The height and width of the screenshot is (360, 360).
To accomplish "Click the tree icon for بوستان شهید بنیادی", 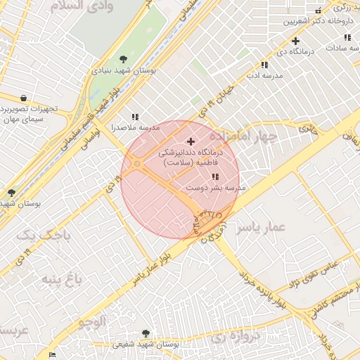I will point(124,59).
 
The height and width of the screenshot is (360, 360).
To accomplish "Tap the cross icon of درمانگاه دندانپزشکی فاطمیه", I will point(191,141).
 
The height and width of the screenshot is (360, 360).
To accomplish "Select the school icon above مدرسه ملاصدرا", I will point(134,117).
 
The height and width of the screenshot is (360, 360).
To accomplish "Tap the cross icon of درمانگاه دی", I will point(295,41).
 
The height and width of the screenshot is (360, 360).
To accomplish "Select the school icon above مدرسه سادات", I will point(347,37).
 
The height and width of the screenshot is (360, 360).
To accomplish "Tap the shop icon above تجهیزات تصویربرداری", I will point(25,98).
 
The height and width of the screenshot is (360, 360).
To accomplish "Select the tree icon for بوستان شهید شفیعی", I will point(146,333).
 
